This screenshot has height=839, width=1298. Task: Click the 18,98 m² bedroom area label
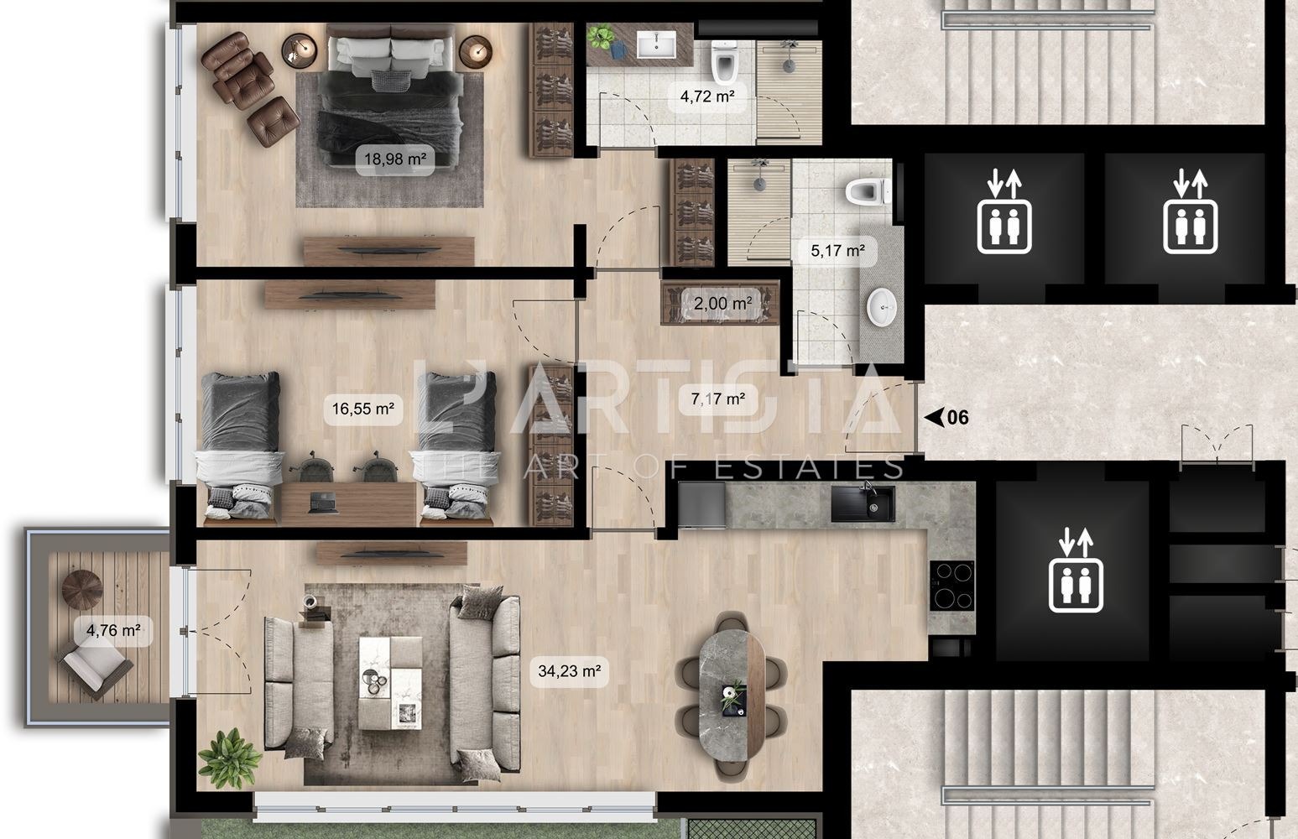[x=394, y=159]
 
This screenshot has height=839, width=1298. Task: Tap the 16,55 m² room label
[x=362, y=409]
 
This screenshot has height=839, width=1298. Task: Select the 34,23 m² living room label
[x=569, y=671]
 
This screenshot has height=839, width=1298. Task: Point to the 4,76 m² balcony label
[x=113, y=630]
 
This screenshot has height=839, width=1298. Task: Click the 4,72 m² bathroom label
[x=707, y=96]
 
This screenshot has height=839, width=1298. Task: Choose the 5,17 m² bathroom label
[x=837, y=252]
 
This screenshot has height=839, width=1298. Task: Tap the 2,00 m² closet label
[x=722, y=303]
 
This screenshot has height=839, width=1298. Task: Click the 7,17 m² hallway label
[x=718, y=399]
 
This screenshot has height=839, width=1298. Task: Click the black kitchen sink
[x=863, y=503]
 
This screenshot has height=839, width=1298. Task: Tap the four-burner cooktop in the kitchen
[x=952, y=586]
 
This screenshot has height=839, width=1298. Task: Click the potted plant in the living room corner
[x=230, y=758]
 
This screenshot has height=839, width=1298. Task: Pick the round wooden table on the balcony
[x=82, y=589]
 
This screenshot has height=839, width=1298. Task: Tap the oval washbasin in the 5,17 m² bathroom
[x=882, y=308]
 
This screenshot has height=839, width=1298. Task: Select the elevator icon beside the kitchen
[x=1076, y=571]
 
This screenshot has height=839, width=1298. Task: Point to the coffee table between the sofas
[x=390, y=683]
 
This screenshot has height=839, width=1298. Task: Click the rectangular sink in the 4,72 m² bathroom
[x=656, y=44]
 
